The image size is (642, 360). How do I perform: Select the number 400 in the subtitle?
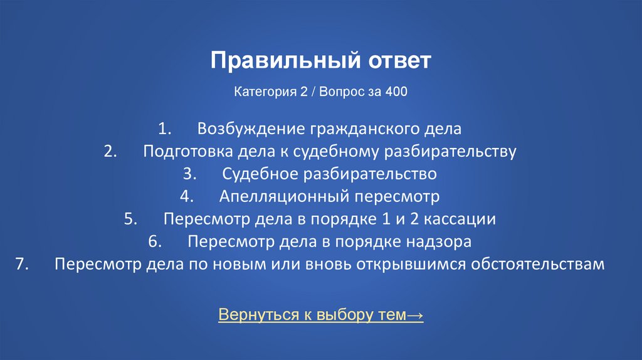[x=396, y=92]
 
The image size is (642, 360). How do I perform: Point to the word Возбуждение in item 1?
[x=250, y=129]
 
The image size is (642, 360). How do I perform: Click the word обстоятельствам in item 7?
[x=542, y=264]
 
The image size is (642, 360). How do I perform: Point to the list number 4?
[x=187, y=196]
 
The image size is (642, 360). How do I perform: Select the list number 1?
[x=164, y=129]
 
